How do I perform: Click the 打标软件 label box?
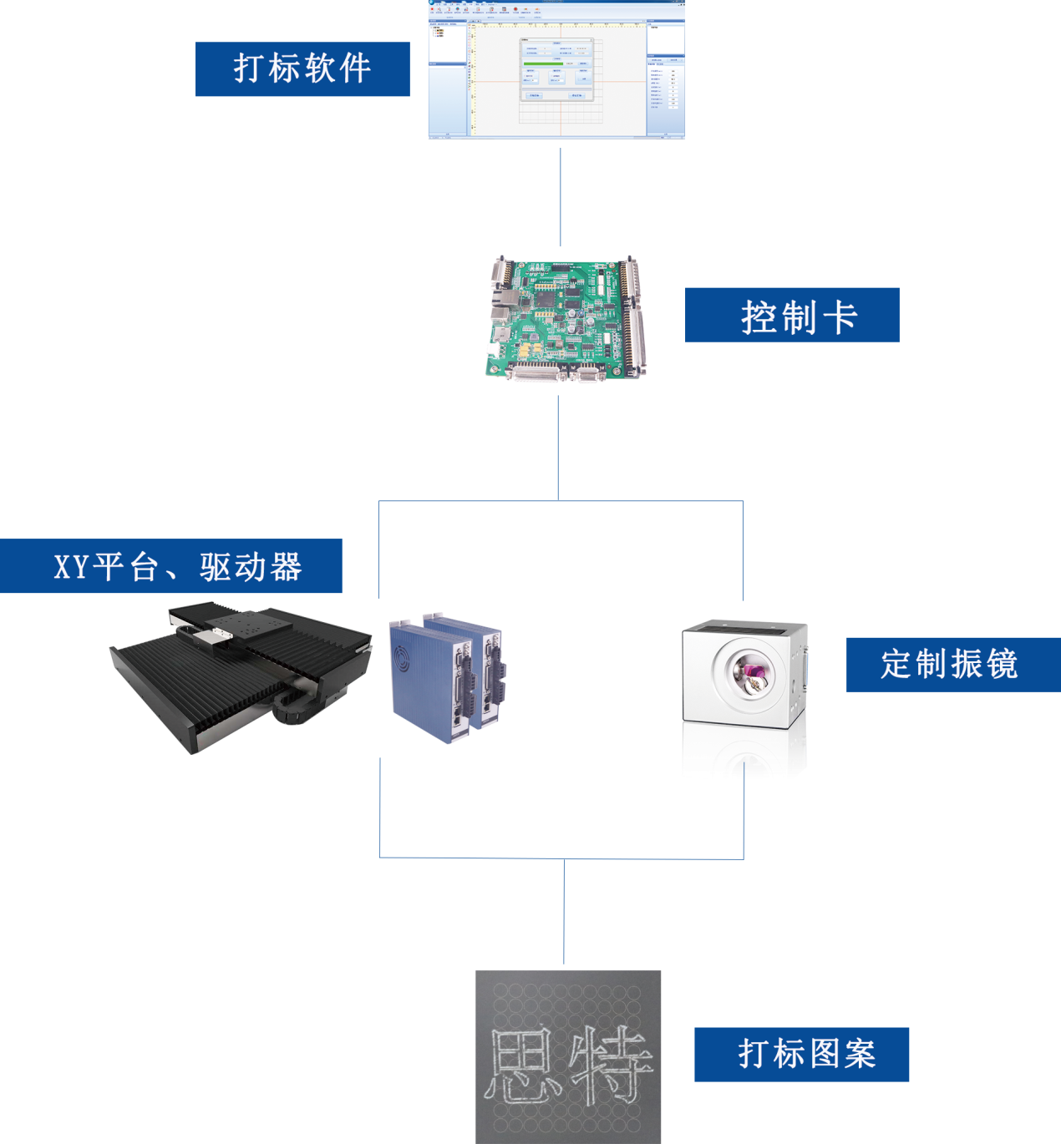[302, 69]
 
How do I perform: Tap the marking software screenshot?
[556, 70]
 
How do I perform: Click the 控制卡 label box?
[792, 315]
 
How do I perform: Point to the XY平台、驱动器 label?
[171, 566]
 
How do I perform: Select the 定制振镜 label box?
[952, 665]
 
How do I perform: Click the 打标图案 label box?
[801, 1055]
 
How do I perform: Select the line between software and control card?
[561, 197]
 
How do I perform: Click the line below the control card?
[558, 448]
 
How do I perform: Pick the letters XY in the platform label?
[71, 567]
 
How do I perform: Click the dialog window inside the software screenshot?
[556, 70]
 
